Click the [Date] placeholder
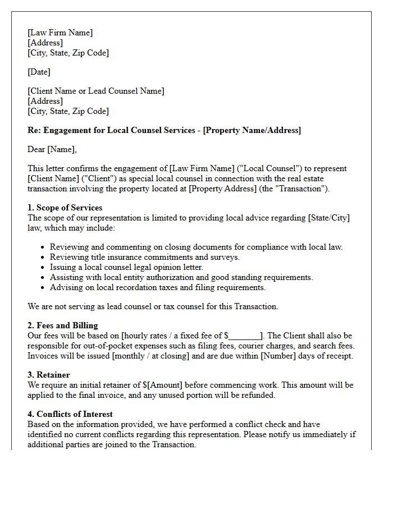pyautogui.click(x=39, y=72)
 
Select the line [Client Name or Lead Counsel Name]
pyautogui.click(x=96, y=91)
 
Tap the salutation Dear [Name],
pyautogui.click(x=52, y=149)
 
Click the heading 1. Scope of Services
pyautogui.click(x=65, y=208)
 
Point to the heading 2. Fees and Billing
pyautogui.click(x=63, y=325)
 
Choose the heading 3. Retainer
pyautogui.click(x=49, y=375)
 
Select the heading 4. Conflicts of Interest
pyautogui.click(x=70, y=414)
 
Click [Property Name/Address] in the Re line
pyautogui.click(x=252, y=130)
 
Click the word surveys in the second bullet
pyautogui.click(x=226, y=257)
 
